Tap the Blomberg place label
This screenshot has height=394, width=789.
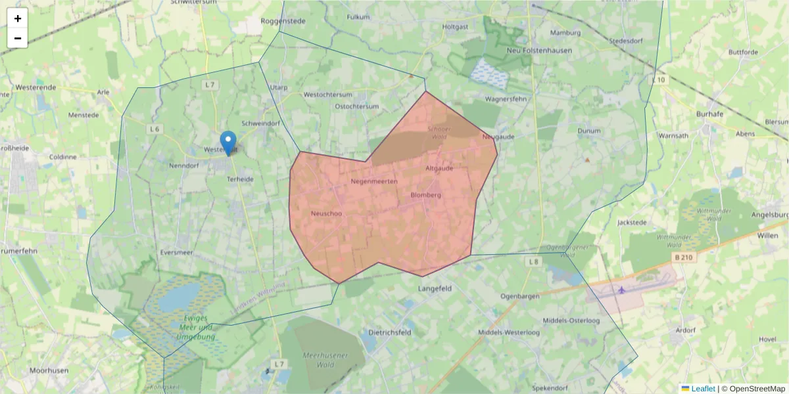click(425, 195)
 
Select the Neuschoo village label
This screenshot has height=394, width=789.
click(326, 213)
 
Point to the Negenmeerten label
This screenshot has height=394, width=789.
click(374, 181)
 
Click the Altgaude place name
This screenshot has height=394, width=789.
click(439, 168)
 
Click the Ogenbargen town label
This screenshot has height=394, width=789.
click(520, 296)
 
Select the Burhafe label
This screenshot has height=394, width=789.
click(710, 114)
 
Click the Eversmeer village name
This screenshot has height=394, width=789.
click(177, 252)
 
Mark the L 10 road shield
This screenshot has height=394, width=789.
click(659, 80)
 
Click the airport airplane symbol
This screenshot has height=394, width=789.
click(622, 290)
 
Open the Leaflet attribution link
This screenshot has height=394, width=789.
click(703, 389)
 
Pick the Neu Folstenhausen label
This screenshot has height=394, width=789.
click(539, 50)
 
